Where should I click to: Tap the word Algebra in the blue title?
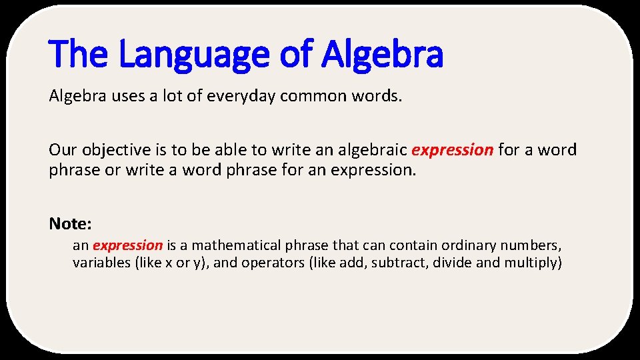coord(382,55)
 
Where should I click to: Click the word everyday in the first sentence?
coord(242,97)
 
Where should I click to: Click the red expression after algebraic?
coord(453,150)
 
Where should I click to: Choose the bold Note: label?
coord(70,222)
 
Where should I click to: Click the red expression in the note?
coord(127,245)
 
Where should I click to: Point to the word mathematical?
coord(238,245)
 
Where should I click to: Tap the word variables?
coord(101,263)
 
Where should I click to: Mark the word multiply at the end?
coord(531,263)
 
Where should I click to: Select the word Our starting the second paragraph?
coord(62,150)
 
